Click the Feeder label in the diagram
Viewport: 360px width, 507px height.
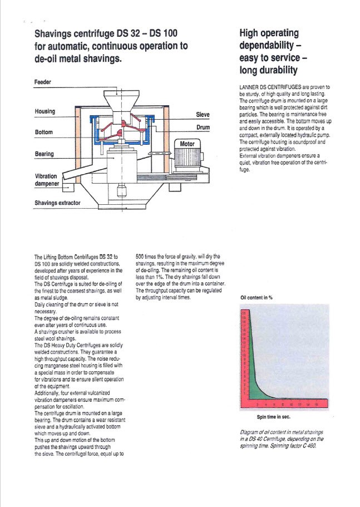click(x=43, y=82)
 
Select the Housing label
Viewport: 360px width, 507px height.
click(x=45, y=111)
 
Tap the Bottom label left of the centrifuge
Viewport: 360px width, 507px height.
click(x=43, y=132)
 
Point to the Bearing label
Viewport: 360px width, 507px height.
click(x=44, y=154)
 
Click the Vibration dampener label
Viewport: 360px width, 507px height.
click(x=46, y=180)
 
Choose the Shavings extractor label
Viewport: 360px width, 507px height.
click(x=57, y=203)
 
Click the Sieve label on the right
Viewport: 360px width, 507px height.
click(x=203, y=114)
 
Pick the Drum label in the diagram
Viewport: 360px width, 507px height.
click(x=203, y=127)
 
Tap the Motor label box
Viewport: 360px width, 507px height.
click(x=186, y=144)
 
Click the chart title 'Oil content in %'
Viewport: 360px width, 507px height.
click(x=256, y=298)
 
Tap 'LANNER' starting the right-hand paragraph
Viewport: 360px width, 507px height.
click(x=248, y=87)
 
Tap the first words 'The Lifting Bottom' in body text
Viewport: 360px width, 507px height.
click(x=57, y=257)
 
